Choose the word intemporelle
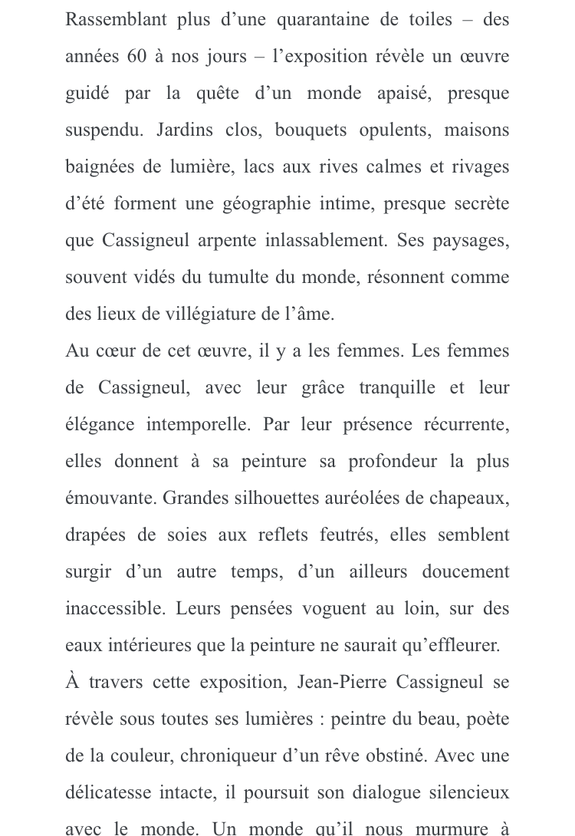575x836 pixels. coord(195,425)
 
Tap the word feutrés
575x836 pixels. coord(348,535)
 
